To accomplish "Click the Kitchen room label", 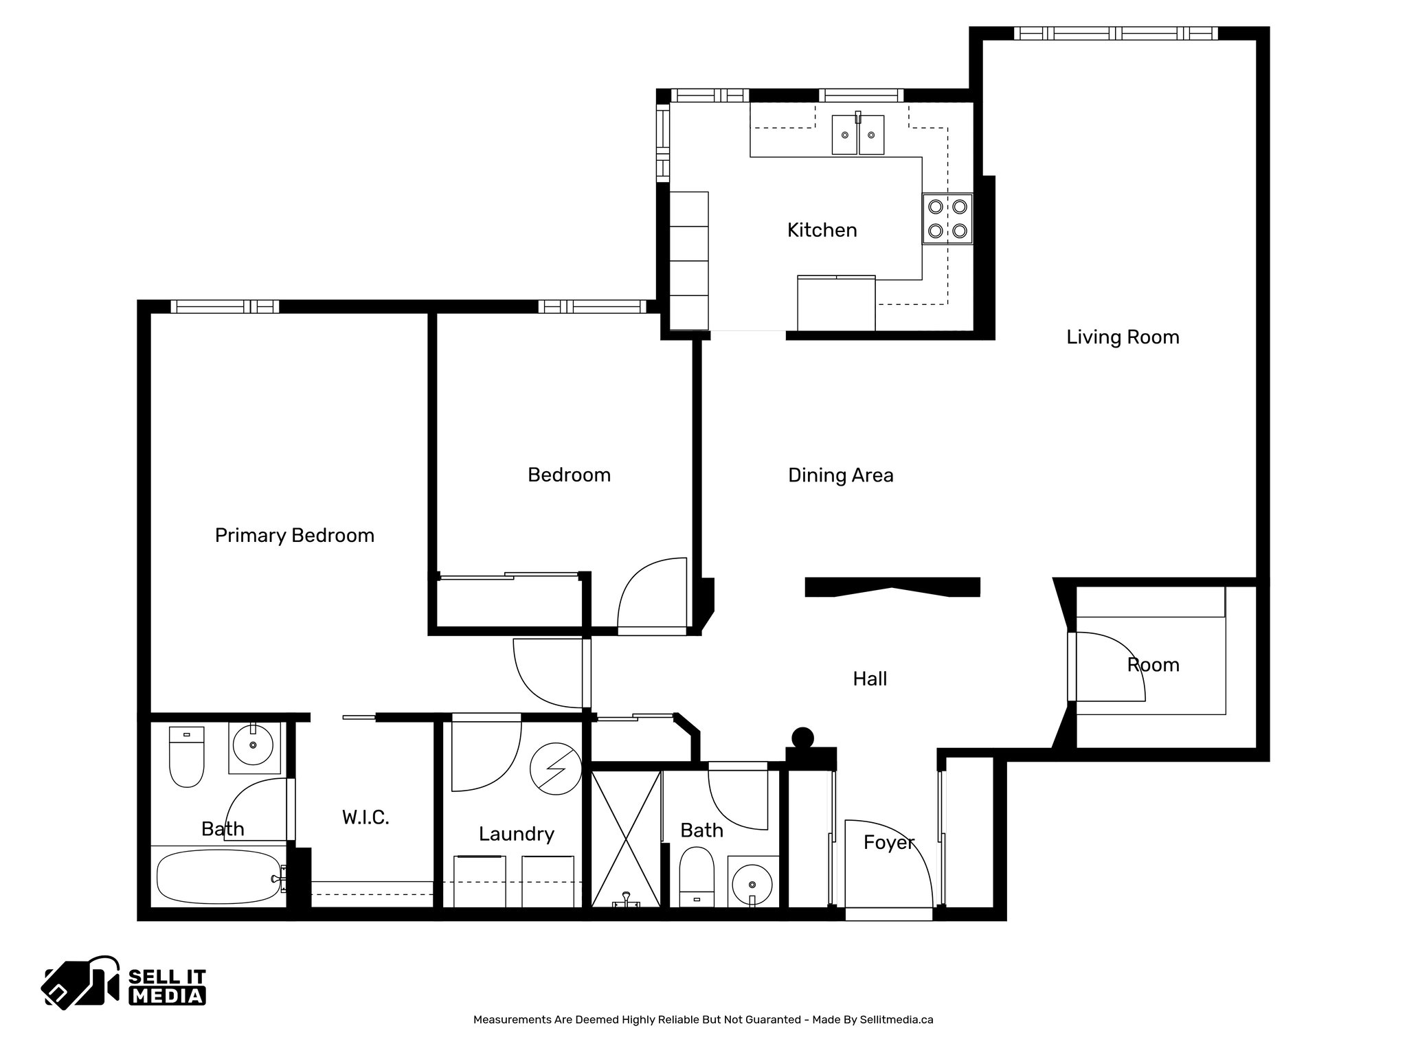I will tap(822, 230).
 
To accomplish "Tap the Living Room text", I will tap(1123, 337).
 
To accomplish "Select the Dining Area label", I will tap(840, 475).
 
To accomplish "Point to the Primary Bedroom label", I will tap(294, 536).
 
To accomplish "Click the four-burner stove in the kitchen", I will tap(947, 218).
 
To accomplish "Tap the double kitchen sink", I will tap(857, 135).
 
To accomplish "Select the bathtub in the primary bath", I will tap(218, 878).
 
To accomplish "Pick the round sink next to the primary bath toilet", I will tap(253, 744).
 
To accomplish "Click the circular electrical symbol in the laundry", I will tap(556, 769).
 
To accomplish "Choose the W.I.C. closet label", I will tap(365, 817).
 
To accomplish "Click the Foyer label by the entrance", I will tap(888, 843).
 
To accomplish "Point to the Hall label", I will tap(870, 679).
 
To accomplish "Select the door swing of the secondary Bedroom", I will tap(651, 594).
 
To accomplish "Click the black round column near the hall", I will tap(802, 739).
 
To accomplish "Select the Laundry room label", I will tap(516, 834).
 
